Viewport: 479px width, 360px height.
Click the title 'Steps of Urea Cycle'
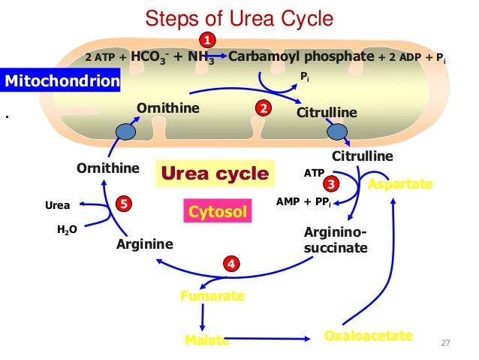click(239, 17)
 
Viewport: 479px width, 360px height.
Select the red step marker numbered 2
click(263, 109)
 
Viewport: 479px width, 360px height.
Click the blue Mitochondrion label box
click(61, 80)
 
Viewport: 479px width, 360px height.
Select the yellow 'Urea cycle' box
click(215, 175)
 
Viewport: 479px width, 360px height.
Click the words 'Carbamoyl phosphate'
click(300, 56)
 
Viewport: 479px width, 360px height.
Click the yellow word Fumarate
click(212, 296)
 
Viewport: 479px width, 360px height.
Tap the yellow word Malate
click(206, 340)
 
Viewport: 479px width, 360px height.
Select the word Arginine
click(146, 244)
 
